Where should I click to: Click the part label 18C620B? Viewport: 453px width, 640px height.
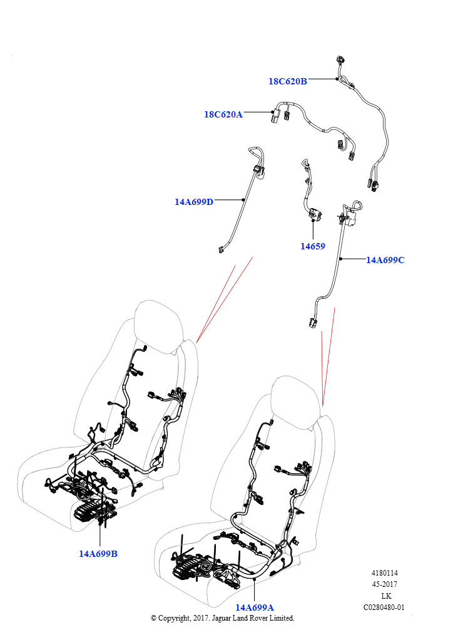[288, 81]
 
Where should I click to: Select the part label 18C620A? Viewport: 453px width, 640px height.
[223, 114]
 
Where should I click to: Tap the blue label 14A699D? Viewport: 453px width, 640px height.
[194, 202]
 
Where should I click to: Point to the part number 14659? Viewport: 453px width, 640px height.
[312, 246]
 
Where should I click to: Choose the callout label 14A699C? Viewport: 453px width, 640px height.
[385, 260]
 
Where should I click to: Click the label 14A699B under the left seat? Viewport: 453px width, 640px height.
[98, 554]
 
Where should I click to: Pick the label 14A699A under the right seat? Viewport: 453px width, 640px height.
[255, 607]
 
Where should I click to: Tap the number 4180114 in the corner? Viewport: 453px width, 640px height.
[384, 573]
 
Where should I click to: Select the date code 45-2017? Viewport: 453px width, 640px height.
[384, 584]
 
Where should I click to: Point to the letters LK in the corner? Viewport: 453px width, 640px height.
[386, 596]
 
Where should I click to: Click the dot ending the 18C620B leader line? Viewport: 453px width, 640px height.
[337, 79]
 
